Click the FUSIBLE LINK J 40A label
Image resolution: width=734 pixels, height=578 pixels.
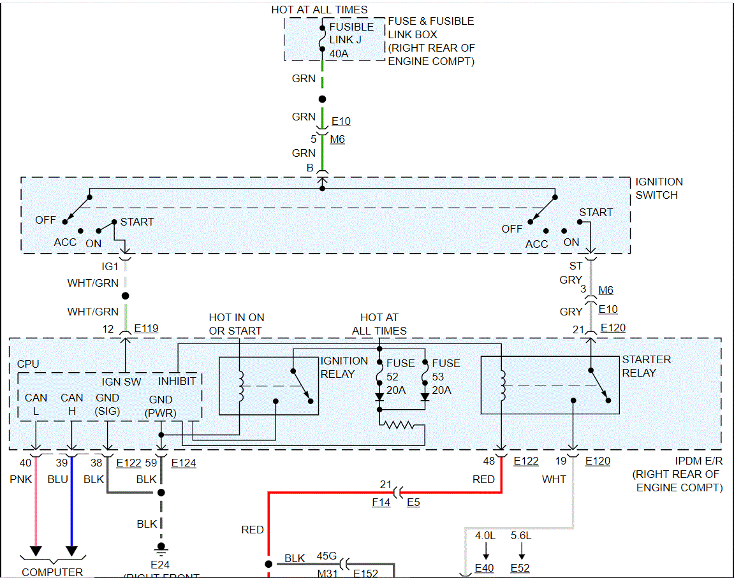pos(351,40)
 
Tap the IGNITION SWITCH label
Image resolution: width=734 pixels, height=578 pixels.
pos(659,189)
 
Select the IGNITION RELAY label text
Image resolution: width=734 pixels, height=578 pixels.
pos(344,367)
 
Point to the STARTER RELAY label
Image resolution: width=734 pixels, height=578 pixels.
pos(646,366)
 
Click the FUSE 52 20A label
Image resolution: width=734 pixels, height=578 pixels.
pos(400,376)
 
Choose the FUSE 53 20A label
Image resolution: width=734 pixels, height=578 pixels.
pos(446,376)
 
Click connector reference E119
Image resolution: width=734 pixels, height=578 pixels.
pos(146,329)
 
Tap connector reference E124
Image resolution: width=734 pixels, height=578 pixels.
pos(184,463)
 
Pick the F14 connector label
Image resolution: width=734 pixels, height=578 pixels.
pos(381,503)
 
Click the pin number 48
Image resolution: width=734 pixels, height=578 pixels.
pos(490,461)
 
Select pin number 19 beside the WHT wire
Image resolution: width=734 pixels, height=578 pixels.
pos(561,461)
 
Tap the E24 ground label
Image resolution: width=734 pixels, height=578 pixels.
pos(160,564)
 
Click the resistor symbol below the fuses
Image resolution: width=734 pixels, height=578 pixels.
pos(399,425)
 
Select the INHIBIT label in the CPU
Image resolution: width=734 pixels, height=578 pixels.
pos(177,381)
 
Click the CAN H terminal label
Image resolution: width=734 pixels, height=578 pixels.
pos(72,405)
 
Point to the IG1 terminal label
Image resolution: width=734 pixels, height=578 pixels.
pos(110,266)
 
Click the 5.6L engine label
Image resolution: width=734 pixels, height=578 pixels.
pos(521,536)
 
